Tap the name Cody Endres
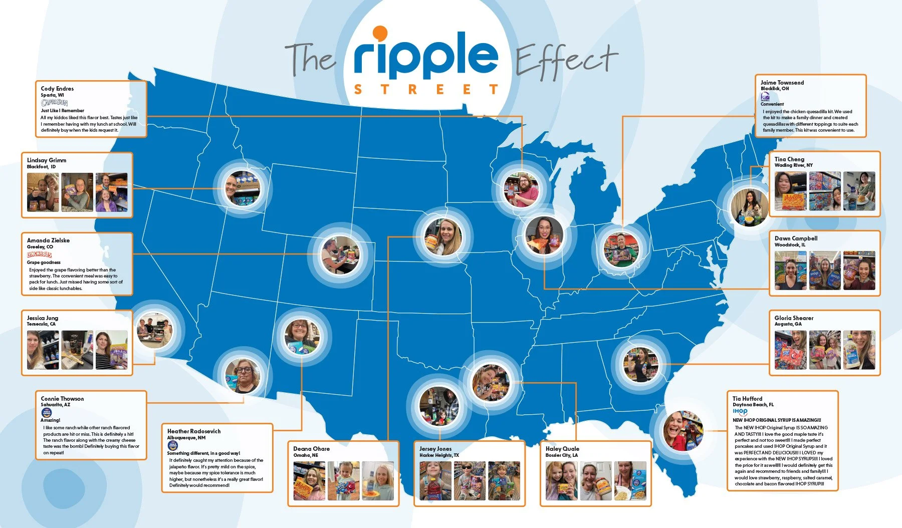[57, 89]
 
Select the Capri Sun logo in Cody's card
[54, 103]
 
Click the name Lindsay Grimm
[47, 160]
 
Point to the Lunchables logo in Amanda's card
[40, 254]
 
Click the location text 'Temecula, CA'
[41, 324]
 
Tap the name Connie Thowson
[62, 399]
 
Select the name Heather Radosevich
[193, 431]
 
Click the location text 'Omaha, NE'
[306, 455]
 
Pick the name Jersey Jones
[435, 449]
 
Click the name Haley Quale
[562, 449]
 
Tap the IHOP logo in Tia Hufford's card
[740, 412]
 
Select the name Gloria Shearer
[794, 318]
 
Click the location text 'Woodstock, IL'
[790, 245]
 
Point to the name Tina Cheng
[789, 159]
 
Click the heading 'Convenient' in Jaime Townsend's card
[772, 104]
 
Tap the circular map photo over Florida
[683, 431]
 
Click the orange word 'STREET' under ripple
[425, 90]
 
